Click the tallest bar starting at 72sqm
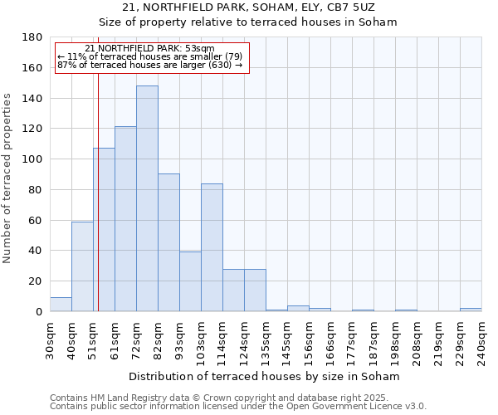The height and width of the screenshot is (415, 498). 147,198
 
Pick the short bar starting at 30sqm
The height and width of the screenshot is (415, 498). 61,305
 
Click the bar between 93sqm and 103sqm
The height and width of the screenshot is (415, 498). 190,281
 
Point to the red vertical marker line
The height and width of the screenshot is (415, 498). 98,207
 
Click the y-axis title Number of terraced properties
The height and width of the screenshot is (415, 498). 7,178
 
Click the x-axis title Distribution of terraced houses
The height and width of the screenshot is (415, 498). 266,376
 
